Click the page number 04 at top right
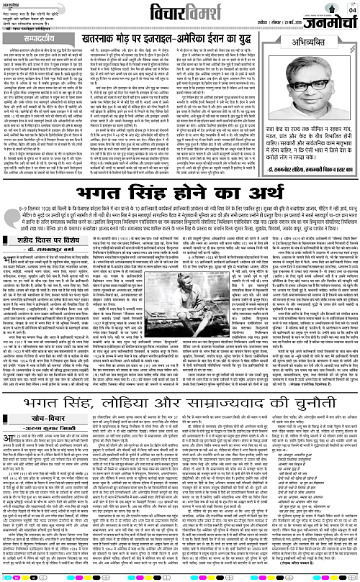tap(352, 10)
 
